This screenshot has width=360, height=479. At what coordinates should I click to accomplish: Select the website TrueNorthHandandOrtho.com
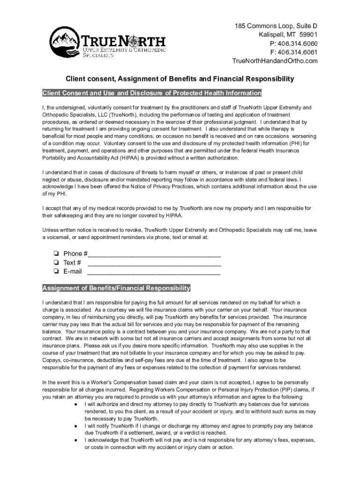(x=275, y=61)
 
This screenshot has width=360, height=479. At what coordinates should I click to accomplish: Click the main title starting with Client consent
(x=180, y=79)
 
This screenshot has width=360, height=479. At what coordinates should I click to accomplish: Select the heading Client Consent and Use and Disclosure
(x=151, y=93)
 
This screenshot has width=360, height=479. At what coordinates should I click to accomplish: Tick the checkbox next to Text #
(x=56, y=262)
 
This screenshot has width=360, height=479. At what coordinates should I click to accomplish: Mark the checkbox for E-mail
(x=56, y=271)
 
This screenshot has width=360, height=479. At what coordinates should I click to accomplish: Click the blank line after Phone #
(x=154, y=255)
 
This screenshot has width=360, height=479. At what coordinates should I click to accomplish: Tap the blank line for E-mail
(x=154, y=273)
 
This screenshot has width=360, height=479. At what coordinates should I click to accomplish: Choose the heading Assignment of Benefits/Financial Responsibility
(x=116, y=288)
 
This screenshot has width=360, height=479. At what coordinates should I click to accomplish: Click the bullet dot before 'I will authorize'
(x=75, y=404)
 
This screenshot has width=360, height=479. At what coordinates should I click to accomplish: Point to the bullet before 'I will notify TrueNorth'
(x=75, y=426)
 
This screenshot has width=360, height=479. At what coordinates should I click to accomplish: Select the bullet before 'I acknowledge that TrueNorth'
(x=75, y=441)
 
